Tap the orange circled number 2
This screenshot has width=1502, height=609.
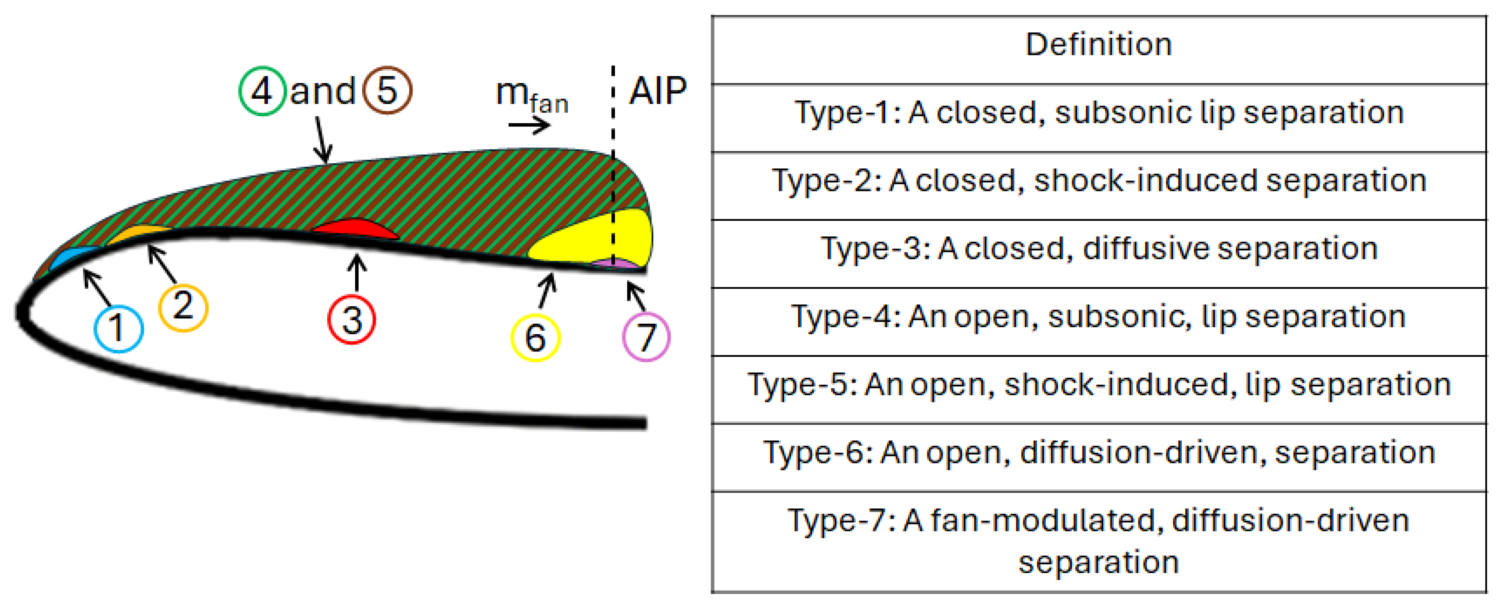pos(183,307)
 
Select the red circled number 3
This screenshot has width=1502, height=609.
pos(352,319)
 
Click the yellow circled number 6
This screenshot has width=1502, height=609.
pos(535,337)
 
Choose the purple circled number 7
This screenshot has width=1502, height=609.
pos(646,337)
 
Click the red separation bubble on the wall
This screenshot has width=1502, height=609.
pos(357,229)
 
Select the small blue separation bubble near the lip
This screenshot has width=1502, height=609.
pos(73,256)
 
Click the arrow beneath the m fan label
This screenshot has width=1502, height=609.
pos(529,125)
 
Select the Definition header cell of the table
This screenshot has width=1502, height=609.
pos(1098,45)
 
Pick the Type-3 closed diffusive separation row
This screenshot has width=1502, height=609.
pos(1098,249)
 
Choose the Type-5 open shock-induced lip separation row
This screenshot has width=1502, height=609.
pos(1098,385)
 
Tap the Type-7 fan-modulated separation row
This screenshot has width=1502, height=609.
pos(1098,541)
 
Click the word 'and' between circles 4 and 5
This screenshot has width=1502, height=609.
pos(323,92)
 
